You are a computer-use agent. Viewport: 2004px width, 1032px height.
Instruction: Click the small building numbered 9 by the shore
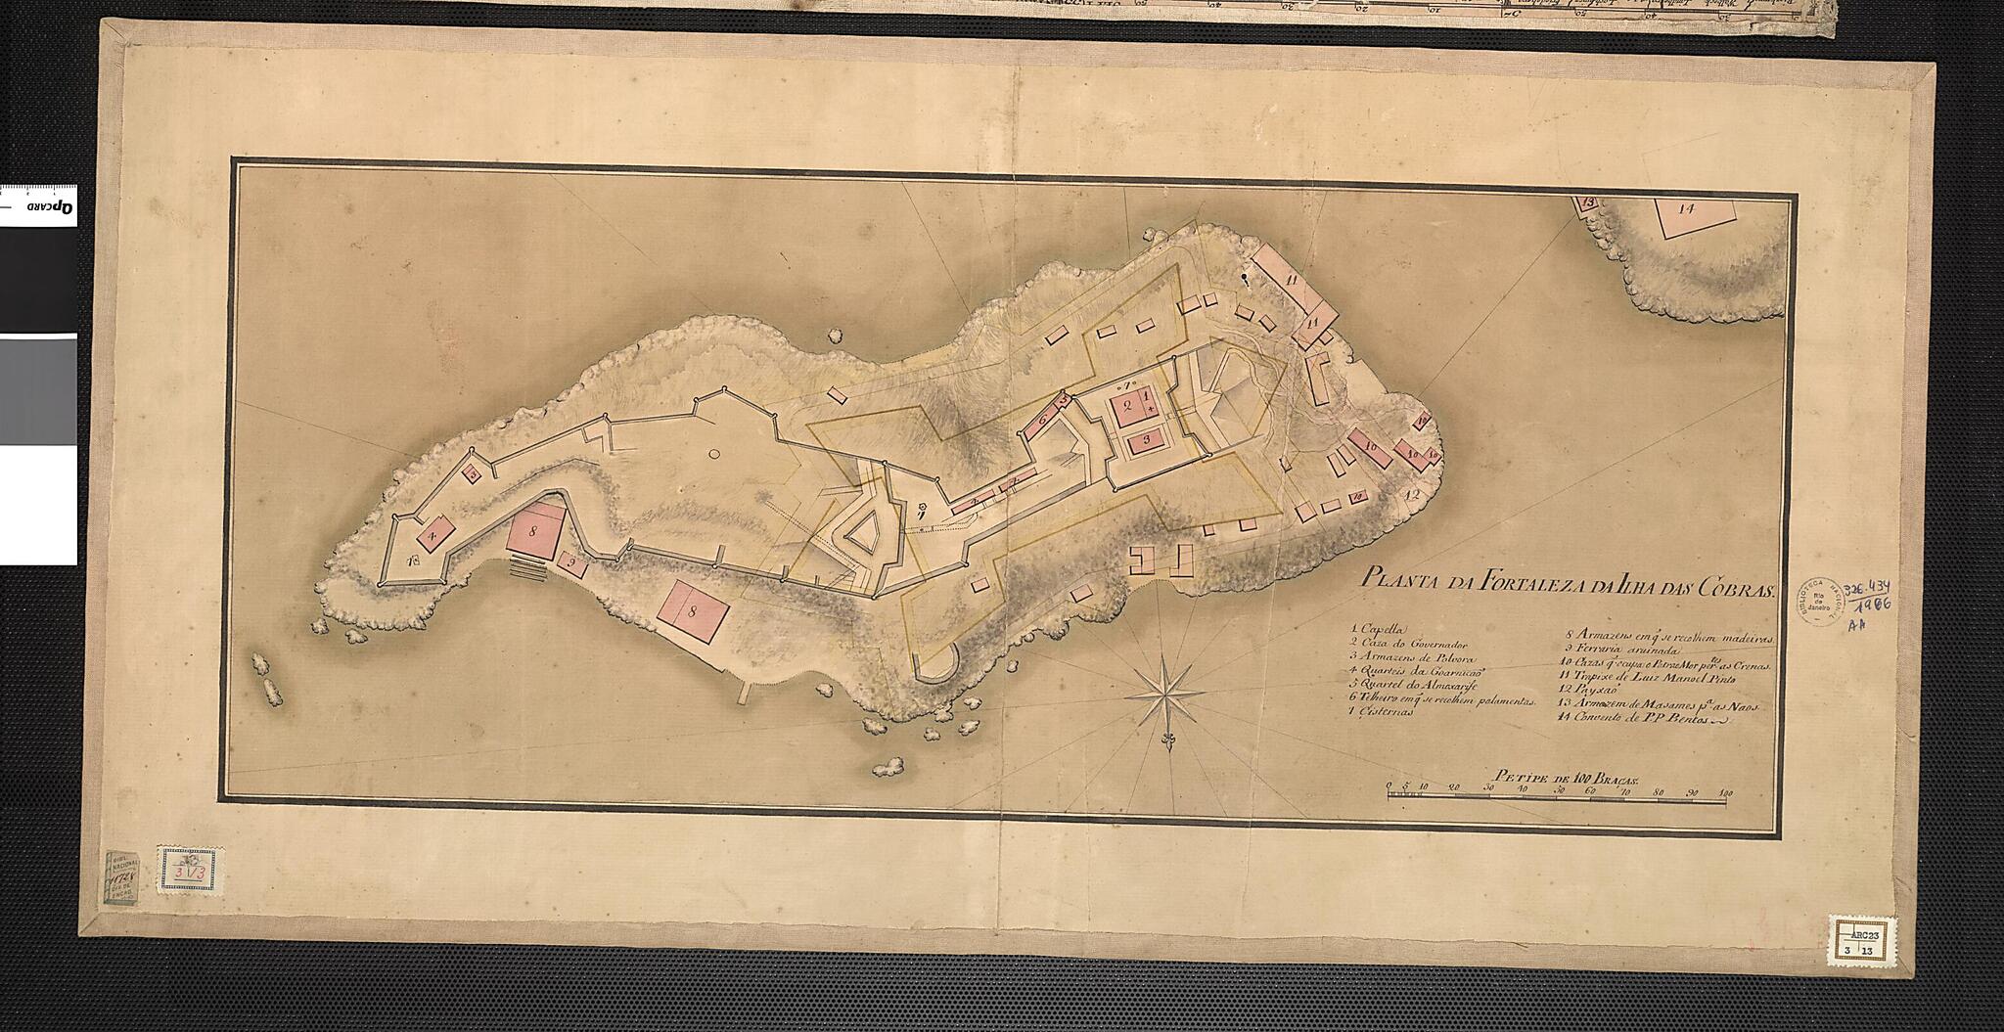coord(575,565)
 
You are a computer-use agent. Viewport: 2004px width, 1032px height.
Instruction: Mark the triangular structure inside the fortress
coord(861,537)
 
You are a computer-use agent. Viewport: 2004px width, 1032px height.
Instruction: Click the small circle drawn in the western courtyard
coord(713,454)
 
